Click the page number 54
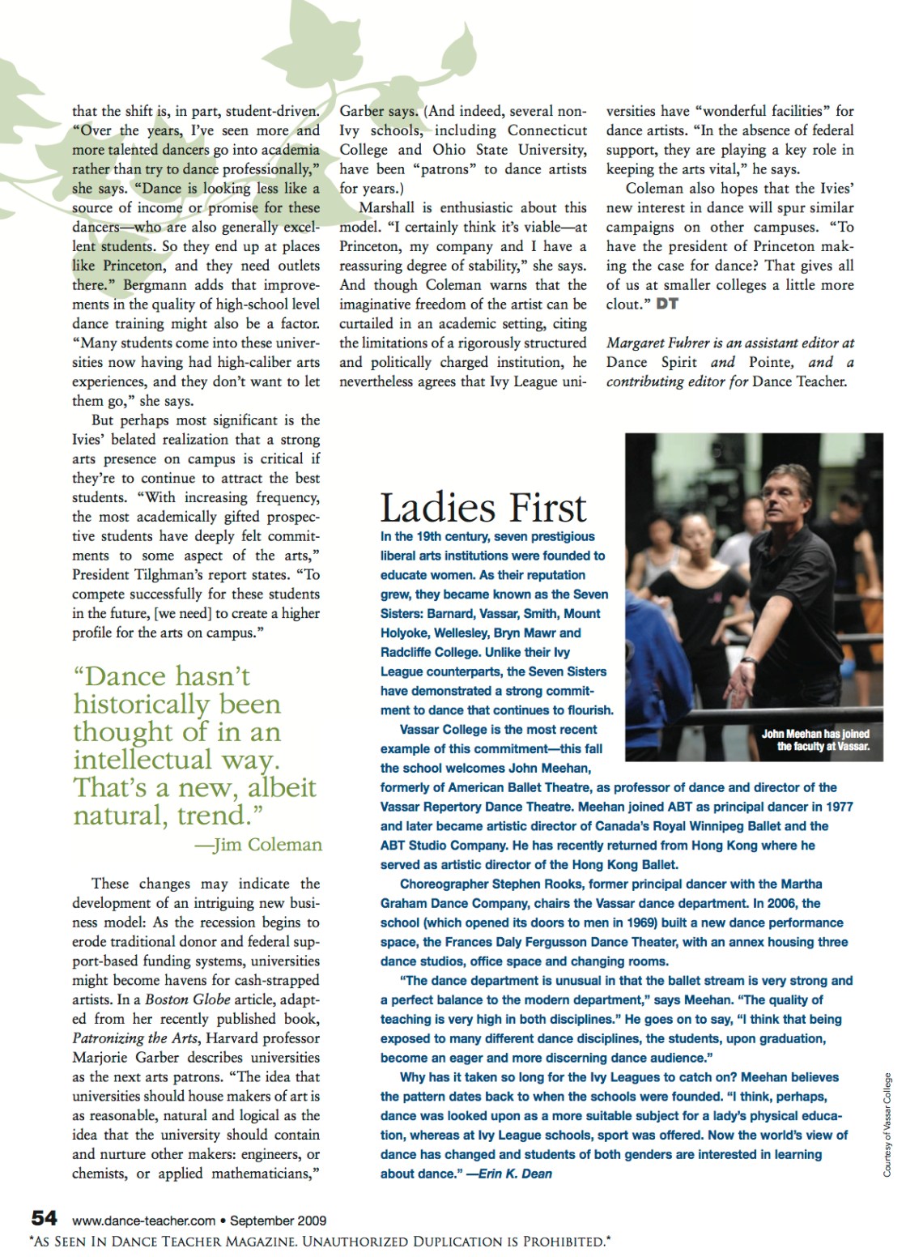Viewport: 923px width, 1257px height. (44, 1218)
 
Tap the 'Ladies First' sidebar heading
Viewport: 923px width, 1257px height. (483, 509)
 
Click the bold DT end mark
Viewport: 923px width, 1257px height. (666, 304)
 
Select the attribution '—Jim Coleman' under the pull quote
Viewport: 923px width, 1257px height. (258, 845)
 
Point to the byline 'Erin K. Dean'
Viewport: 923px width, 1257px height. (515, 1174)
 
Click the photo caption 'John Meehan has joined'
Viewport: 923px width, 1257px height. (815, 734)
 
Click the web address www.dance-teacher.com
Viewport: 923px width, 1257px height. (143, 1221)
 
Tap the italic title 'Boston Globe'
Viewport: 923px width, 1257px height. (187, 999)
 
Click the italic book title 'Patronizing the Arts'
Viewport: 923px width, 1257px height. (135, 1038)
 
